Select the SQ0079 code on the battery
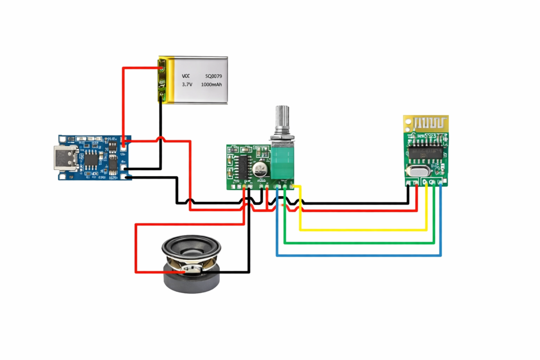(x=211, y=75)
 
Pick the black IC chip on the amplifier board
(x=244, y=167)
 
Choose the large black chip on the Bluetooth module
(x=426, y=150)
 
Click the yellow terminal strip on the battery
(x=162, y=81)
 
